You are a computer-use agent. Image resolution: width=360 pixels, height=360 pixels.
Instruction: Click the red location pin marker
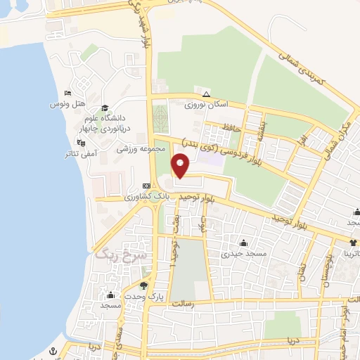181,166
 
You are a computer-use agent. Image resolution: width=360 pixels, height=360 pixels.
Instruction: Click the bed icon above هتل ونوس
67,94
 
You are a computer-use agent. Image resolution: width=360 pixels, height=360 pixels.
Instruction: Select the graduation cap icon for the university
105,108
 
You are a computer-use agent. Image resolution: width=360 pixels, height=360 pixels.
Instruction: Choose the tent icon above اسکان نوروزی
205,94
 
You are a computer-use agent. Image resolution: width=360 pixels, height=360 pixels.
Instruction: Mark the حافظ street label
252,129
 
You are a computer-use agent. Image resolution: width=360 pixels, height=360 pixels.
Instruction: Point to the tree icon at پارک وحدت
145,286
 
